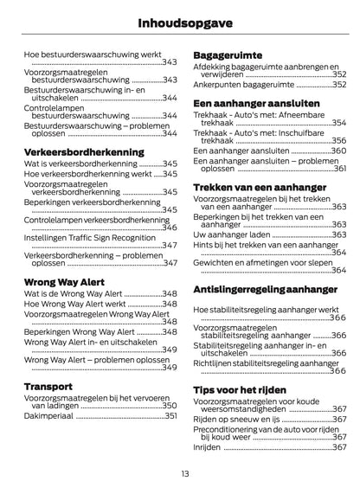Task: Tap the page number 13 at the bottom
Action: click(x=180, y=472)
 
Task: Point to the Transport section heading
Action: click(x=48, y=385)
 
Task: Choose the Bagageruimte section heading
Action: click(x=228, y=54)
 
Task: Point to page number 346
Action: click(x=170, y=228)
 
